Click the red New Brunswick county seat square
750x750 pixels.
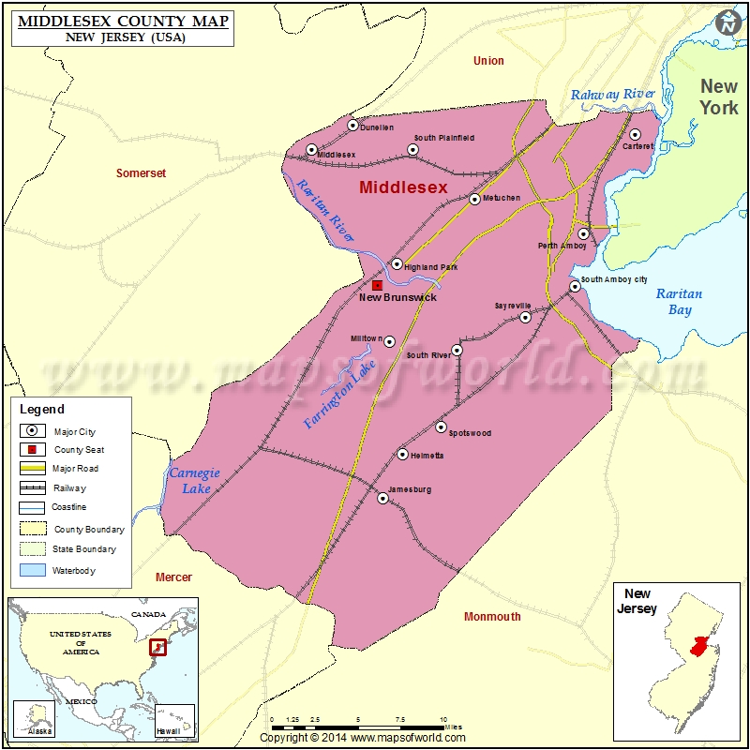pyautogui.click(x=377, y=285)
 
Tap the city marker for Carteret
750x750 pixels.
pyautogui.click(x=635, y=135)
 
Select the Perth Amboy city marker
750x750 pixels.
pyautogui.click(x=583, y=234)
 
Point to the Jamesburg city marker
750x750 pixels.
pyautogui.click(x=382, y=499)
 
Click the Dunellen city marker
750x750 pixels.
pyautogui.click(x=353, y=125)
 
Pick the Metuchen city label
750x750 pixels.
pyautogui.click(x=501, y=198)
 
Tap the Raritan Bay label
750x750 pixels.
pyautogui.click(x=679, y=301)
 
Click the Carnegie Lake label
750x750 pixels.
pyautogui.click(x=194, y=479)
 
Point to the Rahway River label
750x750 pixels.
pyautogui.click(x=613, y=94)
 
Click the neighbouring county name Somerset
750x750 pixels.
pyautogui.click(x=141, y=173)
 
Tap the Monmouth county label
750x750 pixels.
pyautogui.click(x=492, y=616)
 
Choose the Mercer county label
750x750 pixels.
pyautogui.click(x=173, y=577)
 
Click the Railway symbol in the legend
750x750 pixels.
pyautogui.click(x=33, y=487)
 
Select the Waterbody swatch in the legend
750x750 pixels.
pyautogui.click(x=33, y=570)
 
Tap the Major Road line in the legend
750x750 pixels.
pyautogui.click(x=33, y=468)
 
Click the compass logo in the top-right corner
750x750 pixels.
pyautogui.click(x=727, y=23)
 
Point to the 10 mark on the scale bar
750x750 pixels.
pyautogui.click(x=443, y=720)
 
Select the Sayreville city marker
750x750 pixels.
pyautogui.click(x=525, y=317)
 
